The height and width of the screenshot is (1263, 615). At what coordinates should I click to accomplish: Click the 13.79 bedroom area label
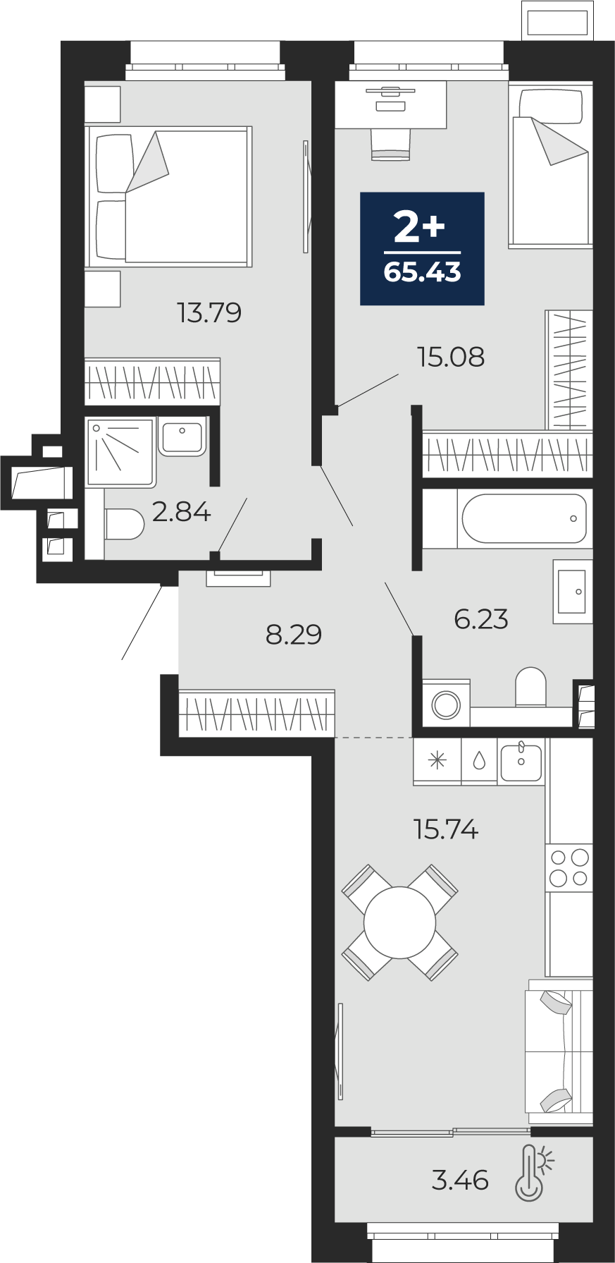coord(210,312)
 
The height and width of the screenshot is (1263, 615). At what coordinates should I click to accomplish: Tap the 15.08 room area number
coord(451,357)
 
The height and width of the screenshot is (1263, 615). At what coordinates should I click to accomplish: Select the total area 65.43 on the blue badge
coord(423,271)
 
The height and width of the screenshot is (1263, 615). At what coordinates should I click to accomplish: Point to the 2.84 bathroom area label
coord(181,511)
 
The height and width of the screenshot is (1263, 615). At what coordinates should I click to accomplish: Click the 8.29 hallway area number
coord(294,635)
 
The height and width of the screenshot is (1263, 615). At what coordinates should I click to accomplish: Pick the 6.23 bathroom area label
coord(481,618)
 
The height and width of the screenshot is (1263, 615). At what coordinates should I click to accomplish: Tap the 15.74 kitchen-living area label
coord(447,829)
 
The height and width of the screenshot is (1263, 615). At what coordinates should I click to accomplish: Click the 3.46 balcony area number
coord(460,1179)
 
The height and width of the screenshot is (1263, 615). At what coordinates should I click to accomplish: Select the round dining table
coord(400,922)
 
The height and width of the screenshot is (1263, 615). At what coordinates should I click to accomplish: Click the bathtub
coord(523,518)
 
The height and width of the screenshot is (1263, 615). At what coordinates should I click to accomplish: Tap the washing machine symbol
coord(446,703)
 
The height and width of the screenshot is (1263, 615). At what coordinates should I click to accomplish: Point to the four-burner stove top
coord(569,867)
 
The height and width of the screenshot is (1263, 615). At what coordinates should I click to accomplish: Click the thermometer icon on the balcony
coord(534,1173)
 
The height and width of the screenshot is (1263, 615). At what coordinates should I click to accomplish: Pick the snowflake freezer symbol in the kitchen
coord(437,760)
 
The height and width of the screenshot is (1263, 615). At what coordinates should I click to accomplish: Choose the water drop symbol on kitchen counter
coord(479,760)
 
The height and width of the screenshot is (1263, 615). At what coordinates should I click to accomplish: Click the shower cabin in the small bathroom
coord(120,452)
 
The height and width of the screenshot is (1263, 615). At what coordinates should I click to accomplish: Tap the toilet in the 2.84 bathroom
coord(124,524)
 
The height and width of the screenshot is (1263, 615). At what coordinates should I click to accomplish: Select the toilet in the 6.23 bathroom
coord(530,687)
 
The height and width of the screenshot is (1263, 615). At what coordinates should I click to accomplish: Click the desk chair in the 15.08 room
coord(390,145)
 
